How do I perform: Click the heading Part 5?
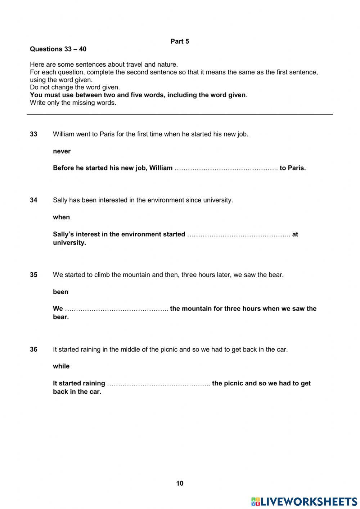click(x=180, y=41)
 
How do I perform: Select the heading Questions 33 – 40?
click(x=58, y=49)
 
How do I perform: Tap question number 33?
click(x=33, y=134)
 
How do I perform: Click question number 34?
click(x=33, y=200)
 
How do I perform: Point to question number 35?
click(x=33, y=274)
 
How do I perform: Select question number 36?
click(x=33, y=349)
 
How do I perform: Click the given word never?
click(x=62, y=151)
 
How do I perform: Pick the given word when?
click(x=61, y=217)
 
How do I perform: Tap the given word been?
click(x=60, y=292)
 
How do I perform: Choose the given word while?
click(x=61, y=366)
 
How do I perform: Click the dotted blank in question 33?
click(x=226, y=168)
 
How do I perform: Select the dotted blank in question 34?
click(x=239, y=235)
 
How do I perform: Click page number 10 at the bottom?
click(x=180, y=483)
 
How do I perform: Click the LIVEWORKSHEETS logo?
click(x=304, y=501)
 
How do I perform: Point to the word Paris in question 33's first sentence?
click(x=107, y=134)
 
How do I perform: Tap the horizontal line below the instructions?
click(x=180, y=115)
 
